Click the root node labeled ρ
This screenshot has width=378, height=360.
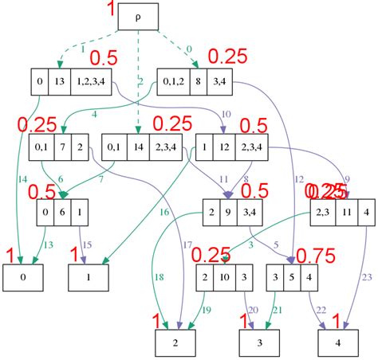140,17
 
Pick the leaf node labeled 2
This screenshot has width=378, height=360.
175,343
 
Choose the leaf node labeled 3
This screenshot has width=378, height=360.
259,343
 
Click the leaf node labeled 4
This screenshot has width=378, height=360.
337,343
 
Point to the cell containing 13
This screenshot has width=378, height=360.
59,80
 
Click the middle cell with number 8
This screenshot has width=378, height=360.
197,80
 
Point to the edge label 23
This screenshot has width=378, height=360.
367,277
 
